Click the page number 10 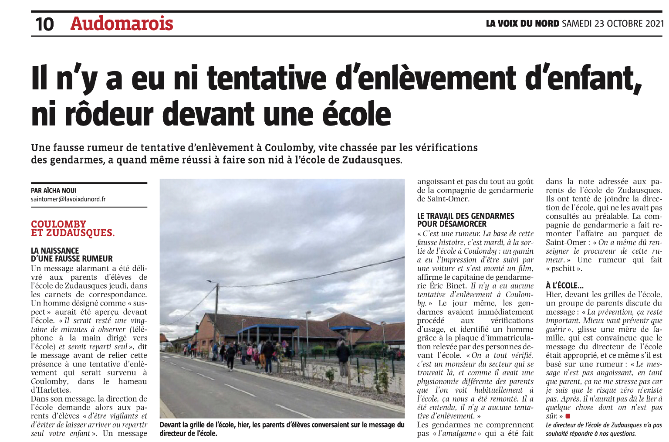(x=44, y=24)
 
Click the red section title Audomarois (x=122, y=24)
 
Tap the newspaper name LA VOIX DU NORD (x=522, y=24)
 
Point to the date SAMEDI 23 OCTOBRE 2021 (x=613, y=24)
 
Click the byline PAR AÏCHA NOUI (x=54, y=190)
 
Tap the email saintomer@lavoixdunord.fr (x=68, y=199)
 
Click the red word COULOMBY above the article (x=58, y=224)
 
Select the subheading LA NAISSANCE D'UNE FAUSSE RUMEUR (x=71, y=255)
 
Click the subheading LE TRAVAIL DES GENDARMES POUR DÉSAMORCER (x=465, y=220)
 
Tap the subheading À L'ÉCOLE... (x=564, y=286)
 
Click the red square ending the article (x=568, y=416)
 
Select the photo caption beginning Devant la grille (x=282, y=429)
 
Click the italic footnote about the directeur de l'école (x=604, y=429)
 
